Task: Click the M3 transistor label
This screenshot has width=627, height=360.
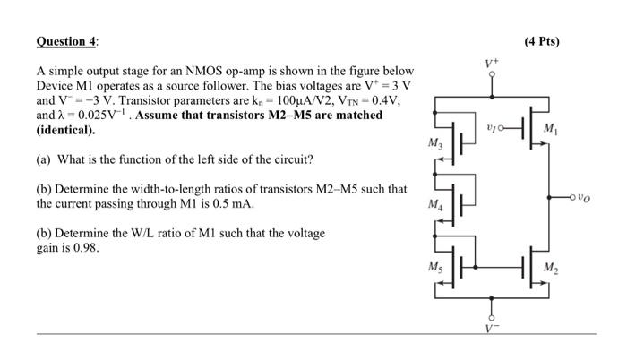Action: (434, 145)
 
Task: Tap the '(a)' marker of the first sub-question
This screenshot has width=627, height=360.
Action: (45, 159)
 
